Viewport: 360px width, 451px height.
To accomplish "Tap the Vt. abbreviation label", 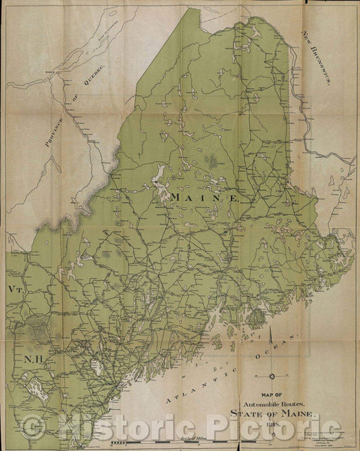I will point(17,289).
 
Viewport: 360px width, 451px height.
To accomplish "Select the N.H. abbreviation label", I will point(33,360).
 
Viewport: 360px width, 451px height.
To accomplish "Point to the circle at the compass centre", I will point(272,376).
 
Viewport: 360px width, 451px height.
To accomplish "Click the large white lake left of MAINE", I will point(160,179).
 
